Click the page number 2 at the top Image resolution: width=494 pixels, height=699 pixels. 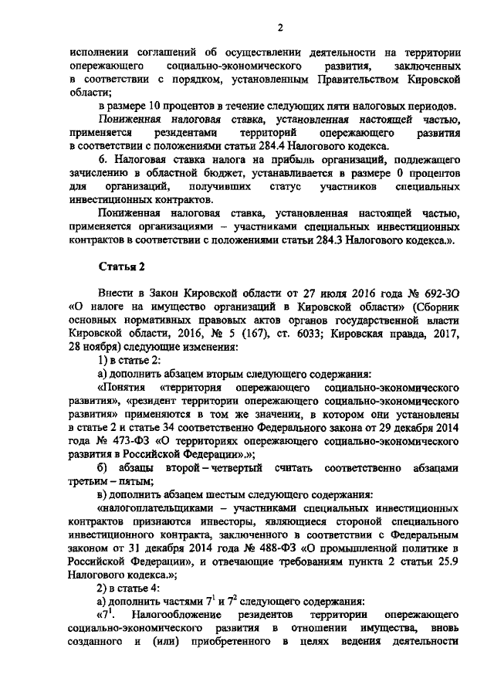coord(281,28)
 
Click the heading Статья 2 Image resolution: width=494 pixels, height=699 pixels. coord(122,267)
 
